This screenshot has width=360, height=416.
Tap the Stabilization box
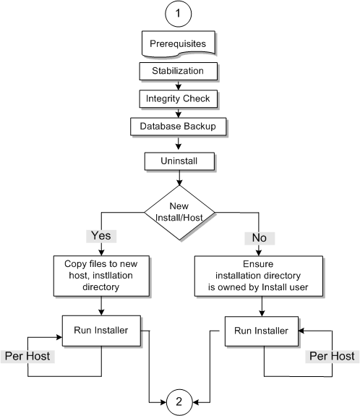178,71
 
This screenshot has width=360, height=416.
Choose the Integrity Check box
178,97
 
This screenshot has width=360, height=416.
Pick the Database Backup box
178,126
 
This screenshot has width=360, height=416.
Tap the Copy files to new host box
100,276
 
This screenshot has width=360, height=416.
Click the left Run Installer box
100,331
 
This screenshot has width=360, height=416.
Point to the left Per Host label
28,356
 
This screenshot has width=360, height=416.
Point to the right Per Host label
332,356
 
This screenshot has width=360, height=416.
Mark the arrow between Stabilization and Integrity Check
178,84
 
